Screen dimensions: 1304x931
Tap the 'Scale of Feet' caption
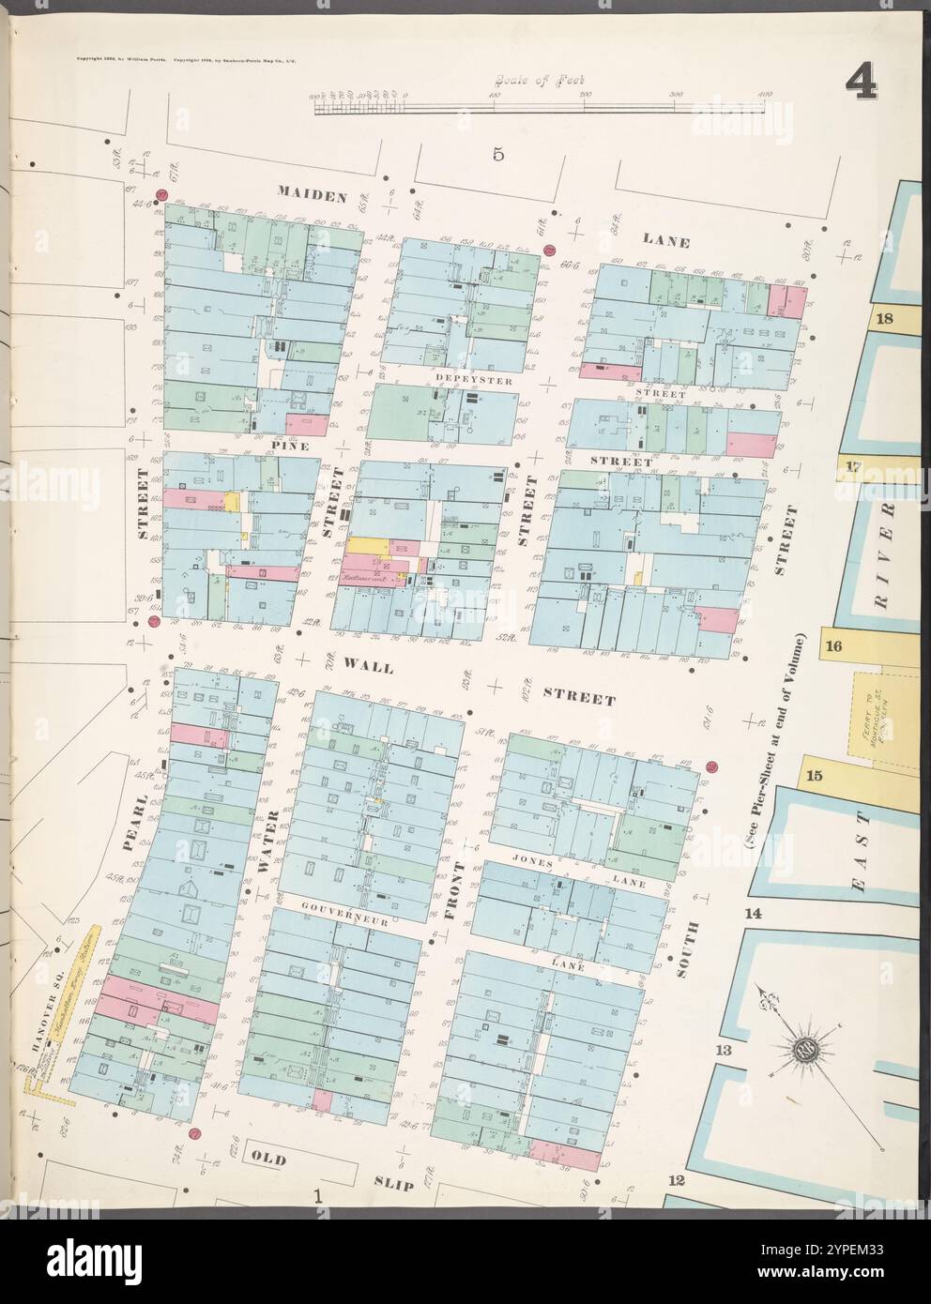coord(531,82)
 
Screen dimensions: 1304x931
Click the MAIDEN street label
coord(313,195)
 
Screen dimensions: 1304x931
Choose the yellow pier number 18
coord(883,318)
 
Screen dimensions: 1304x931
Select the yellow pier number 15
coord(813,775)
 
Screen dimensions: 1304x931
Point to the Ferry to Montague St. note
coord(869,722)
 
